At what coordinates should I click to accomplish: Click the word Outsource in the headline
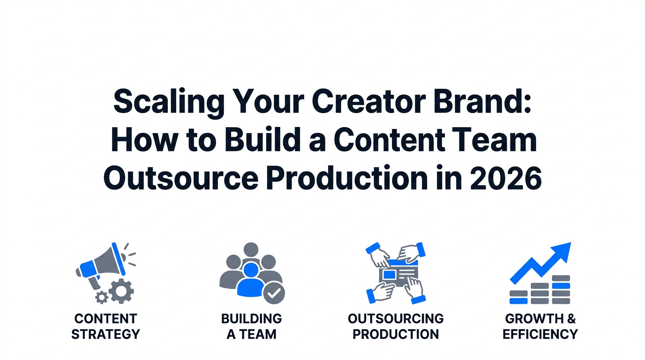pos(181,178)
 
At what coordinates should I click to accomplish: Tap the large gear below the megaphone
pos(121,291)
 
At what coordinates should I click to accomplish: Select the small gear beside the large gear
pos(101,297)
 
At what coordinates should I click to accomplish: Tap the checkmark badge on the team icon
pos(274,293)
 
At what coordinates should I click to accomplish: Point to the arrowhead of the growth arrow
pos(562,251)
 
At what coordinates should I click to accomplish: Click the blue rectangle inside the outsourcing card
pos(389,275)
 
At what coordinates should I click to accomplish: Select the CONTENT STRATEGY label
pos(105,327)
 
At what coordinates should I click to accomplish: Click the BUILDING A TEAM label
pos(251,327)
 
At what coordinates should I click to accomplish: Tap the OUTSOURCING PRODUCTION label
pos(396,327)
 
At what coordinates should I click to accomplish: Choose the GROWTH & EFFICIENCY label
pos(540,327)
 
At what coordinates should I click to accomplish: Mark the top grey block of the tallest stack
pos(561,278)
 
